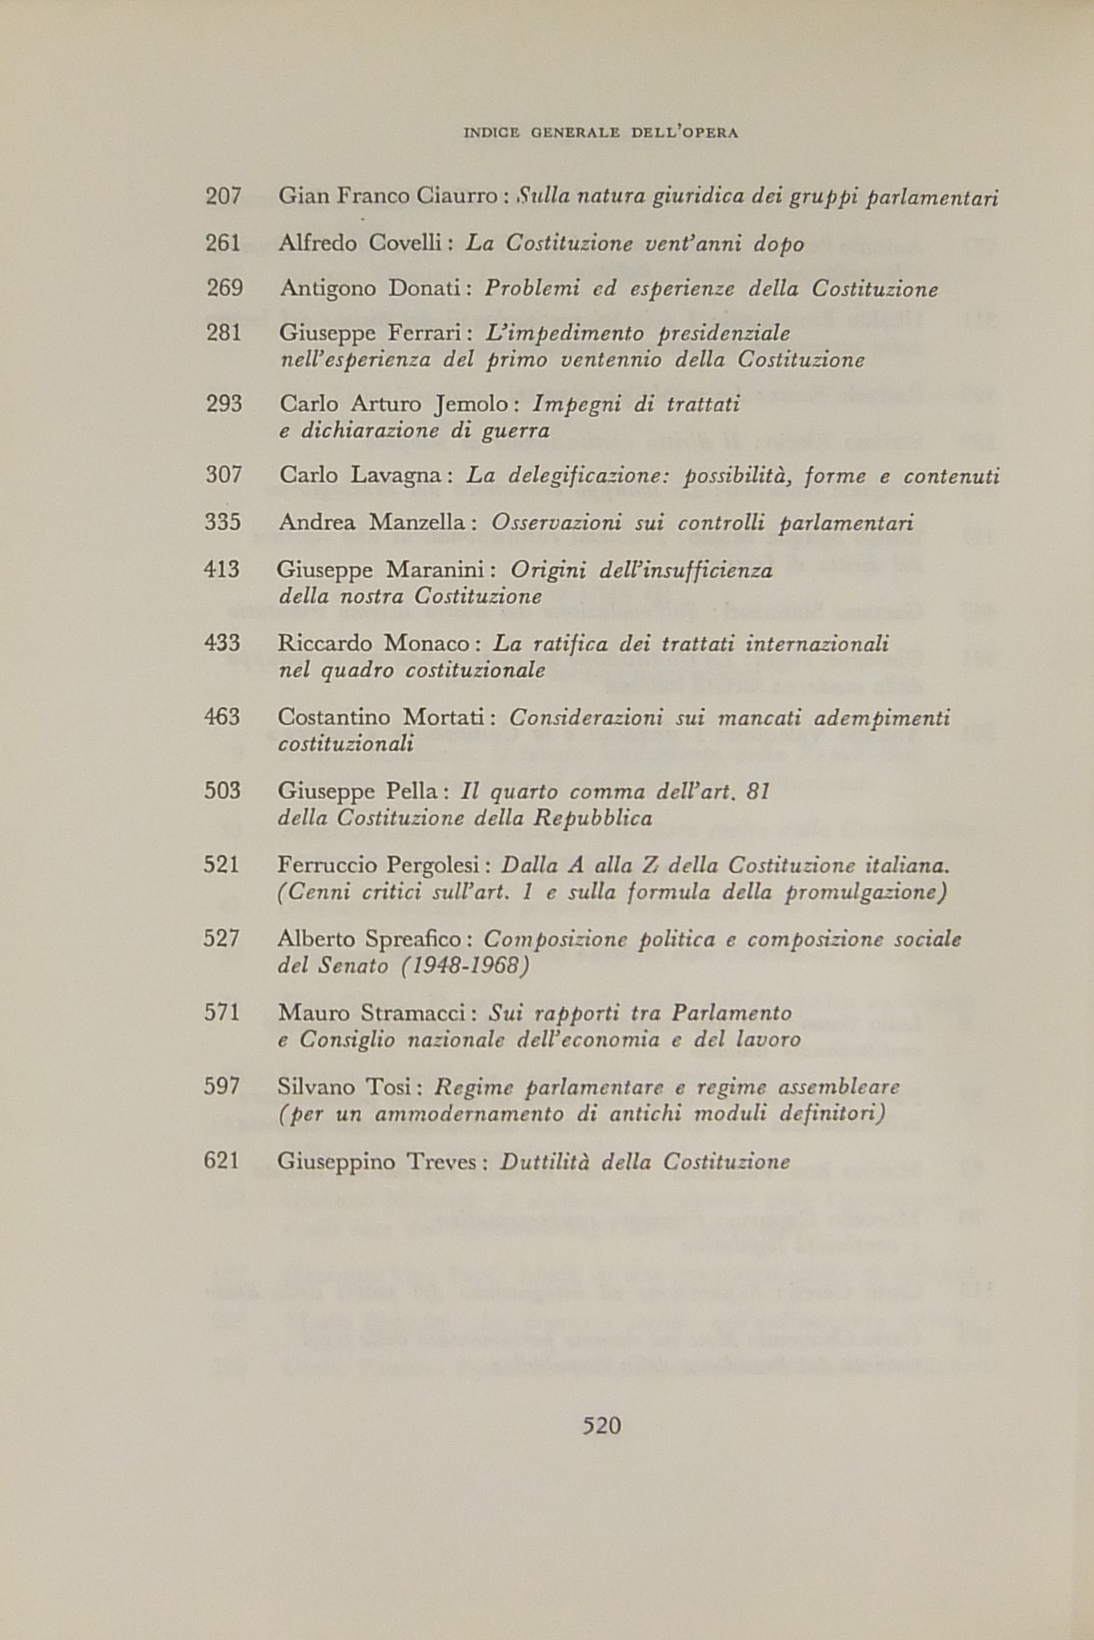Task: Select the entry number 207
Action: click(223, 197)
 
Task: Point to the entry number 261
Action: click(223, 243)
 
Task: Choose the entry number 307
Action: click(223, 476)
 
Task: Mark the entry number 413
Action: click(222, 570)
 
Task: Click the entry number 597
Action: click(222, 1087)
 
